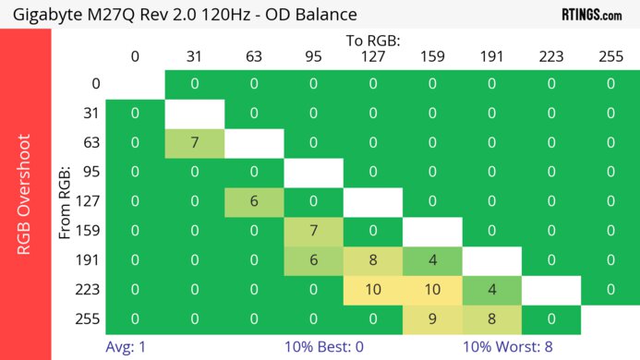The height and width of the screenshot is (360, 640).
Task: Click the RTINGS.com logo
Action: coord(592,15)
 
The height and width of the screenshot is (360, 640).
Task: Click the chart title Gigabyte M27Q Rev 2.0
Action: coord(185,15)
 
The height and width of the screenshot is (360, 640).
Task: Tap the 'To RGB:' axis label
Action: coord(373,41)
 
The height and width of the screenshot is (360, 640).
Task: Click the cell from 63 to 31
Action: coord(194,143)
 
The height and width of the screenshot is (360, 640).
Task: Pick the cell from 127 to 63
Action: coord(254,201)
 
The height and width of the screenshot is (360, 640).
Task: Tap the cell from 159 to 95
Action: coord(313,231)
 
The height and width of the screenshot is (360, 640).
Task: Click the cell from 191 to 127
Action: coord(373,260)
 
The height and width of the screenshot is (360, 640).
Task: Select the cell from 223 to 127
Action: coord(373,290)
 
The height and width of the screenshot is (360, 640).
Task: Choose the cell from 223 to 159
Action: coord(432,290)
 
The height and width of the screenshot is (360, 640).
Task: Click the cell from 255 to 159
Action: coord(432,319)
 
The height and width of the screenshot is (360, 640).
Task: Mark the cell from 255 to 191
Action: coord(491,319)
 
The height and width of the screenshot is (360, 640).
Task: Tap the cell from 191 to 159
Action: coord(432,260)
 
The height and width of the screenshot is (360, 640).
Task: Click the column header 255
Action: coord(610,56)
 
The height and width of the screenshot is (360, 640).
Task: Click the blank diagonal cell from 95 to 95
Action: coord(313,172)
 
